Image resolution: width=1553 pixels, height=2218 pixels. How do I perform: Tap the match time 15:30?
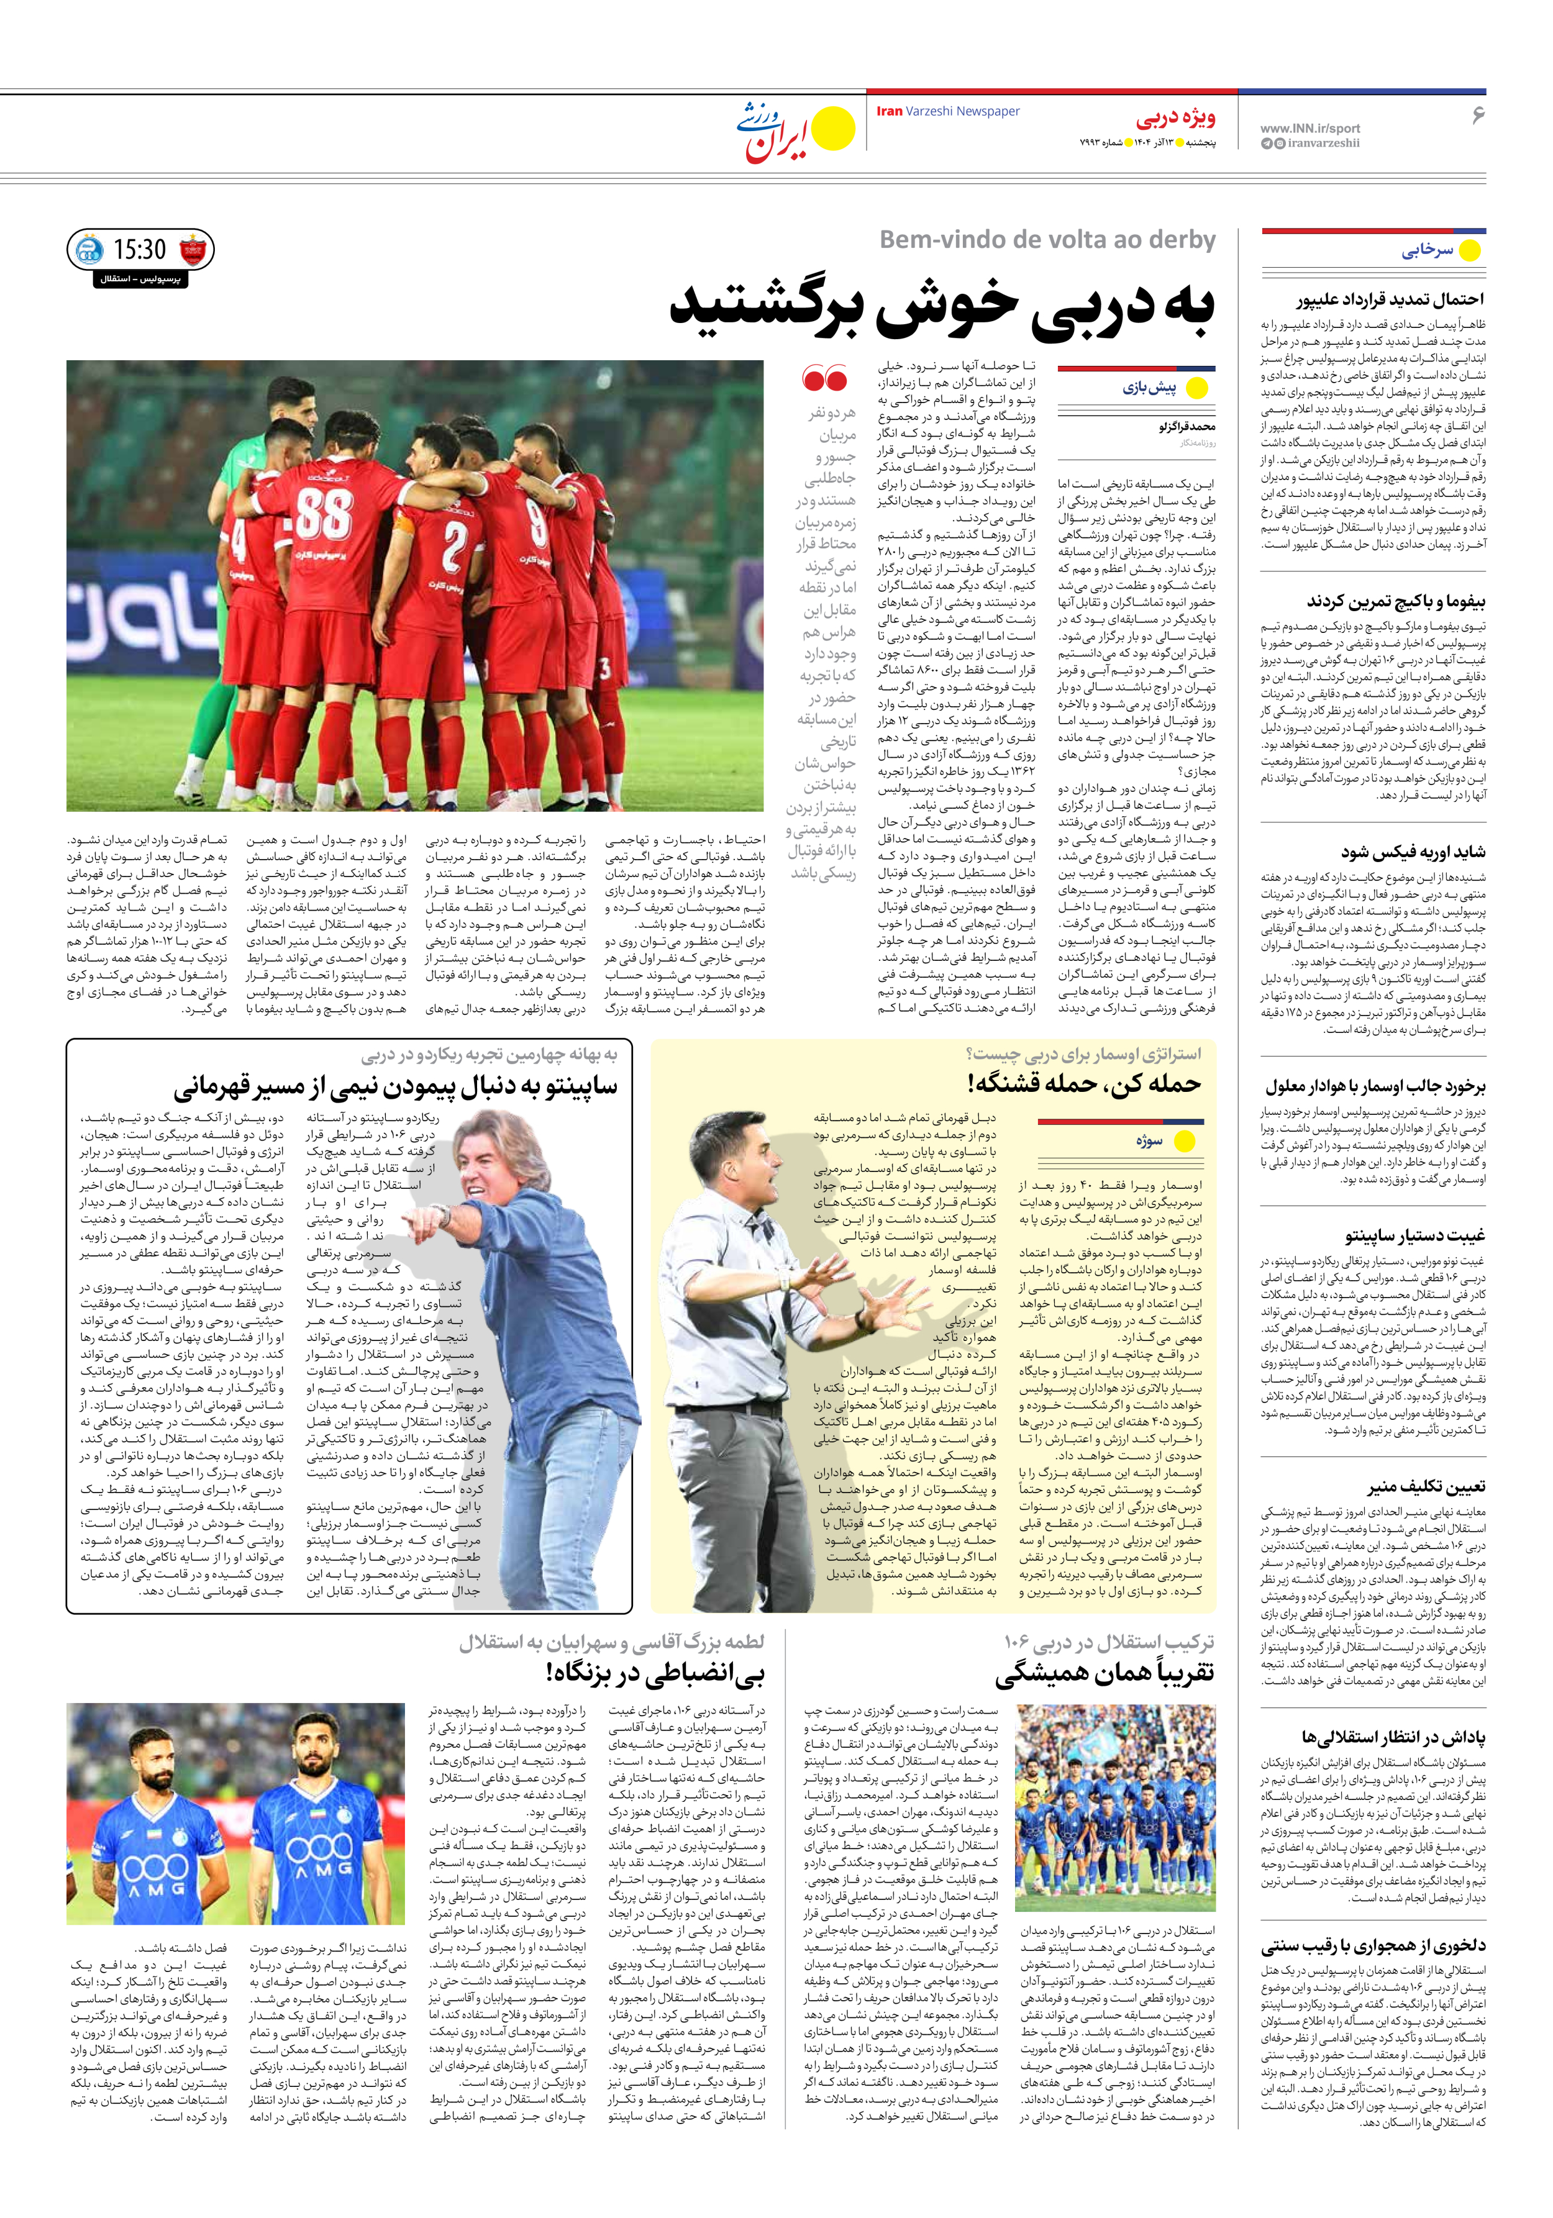click(140, 250)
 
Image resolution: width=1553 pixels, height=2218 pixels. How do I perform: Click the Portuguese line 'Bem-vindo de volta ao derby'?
click(1047, 240)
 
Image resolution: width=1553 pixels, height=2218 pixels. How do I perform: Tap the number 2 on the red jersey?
click(452, 548)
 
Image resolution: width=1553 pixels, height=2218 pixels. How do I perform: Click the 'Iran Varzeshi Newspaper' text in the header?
click(947, 111)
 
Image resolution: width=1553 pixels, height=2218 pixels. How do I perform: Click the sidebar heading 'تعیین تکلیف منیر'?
click(1426, 1486)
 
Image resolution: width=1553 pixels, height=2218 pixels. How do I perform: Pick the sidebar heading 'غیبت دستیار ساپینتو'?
click(1415, 1235)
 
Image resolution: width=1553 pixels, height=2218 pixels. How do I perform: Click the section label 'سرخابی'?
click(1428, 250)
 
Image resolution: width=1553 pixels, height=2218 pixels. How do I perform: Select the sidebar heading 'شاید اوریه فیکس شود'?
click(1413, 852)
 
